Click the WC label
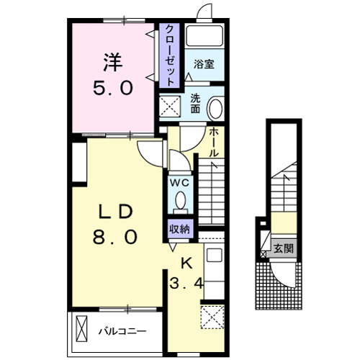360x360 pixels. [179, 182]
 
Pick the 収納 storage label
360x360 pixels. [180, 229]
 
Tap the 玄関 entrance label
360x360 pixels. [283, 248]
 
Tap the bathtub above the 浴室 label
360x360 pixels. [204, 38]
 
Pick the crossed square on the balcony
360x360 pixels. [80, 331]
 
